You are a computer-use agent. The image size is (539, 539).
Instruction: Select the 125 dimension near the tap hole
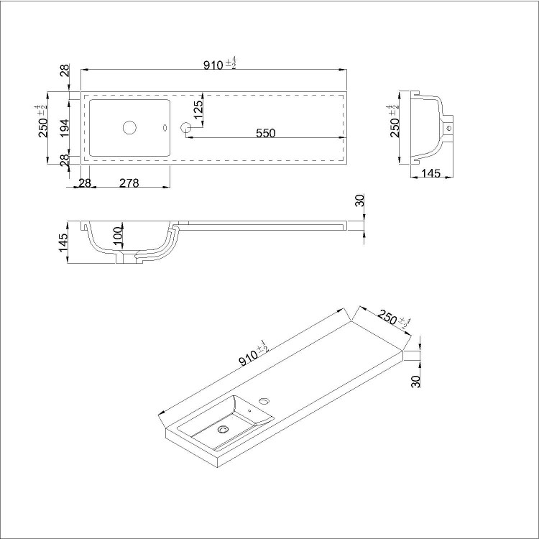[198, 109]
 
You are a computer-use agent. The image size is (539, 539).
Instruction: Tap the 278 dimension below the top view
[129, 183]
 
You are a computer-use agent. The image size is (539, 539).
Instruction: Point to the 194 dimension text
[64, 128]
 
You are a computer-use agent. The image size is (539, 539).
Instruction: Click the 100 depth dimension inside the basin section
[118, 235]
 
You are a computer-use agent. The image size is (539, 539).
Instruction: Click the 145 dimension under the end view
[431, 172]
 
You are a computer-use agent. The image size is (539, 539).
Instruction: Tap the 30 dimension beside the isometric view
[416, 381]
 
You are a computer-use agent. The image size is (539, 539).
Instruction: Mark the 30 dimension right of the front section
[361, 201]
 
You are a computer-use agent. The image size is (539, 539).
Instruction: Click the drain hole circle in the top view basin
[129, 128]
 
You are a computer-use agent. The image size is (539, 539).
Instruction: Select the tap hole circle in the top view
[186, 128]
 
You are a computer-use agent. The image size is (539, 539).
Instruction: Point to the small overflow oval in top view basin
[165, 129]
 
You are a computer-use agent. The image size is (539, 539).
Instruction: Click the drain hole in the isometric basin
[222, 429]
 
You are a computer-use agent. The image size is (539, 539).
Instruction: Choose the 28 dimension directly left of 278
[84, 183]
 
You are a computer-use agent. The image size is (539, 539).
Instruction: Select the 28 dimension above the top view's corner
[64, 70]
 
